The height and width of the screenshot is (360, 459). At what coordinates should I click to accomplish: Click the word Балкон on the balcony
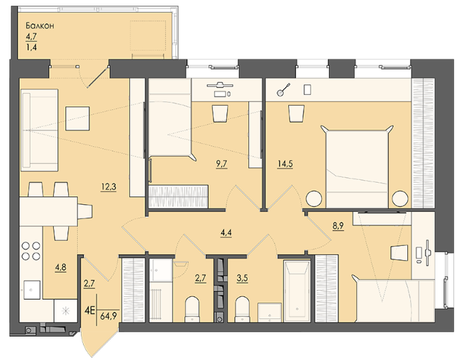40,26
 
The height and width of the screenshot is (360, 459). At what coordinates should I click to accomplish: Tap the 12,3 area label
109,186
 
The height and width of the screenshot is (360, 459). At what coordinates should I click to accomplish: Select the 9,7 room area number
221,164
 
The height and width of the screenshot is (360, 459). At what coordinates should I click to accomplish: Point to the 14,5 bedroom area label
284,164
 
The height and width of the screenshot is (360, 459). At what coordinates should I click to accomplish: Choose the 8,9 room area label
338,225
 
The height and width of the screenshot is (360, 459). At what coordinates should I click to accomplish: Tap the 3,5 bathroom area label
242,278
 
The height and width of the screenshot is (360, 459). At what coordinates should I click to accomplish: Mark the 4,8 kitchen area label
60,267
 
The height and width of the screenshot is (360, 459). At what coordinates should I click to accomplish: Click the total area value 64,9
109,316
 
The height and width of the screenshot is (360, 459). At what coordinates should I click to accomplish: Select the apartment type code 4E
89,310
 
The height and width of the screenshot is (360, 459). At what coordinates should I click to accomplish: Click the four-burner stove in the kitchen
31,251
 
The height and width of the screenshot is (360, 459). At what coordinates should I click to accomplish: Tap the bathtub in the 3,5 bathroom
297,291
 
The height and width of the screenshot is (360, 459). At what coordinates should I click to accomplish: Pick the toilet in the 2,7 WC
192,309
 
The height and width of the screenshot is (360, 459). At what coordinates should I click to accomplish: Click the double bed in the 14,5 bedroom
357,167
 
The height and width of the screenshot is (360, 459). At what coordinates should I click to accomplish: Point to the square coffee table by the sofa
77,118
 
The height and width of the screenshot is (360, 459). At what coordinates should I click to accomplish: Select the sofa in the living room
39,130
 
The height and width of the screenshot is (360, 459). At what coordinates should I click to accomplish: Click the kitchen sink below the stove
32,290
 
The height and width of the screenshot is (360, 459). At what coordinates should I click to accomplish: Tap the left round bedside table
314,198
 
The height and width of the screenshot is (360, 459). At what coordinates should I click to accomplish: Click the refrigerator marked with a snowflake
65,311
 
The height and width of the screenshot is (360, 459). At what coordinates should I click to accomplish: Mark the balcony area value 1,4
31,47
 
